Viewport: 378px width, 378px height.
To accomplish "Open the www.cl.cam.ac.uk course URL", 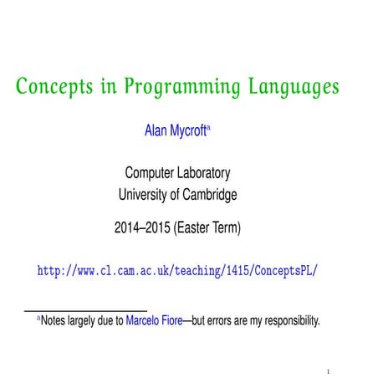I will (178, 272).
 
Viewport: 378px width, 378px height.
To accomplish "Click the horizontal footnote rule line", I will (84, 309).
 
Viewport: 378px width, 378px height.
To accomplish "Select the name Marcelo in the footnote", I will (146, 320).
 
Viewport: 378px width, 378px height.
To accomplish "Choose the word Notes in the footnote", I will (57, 320).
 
